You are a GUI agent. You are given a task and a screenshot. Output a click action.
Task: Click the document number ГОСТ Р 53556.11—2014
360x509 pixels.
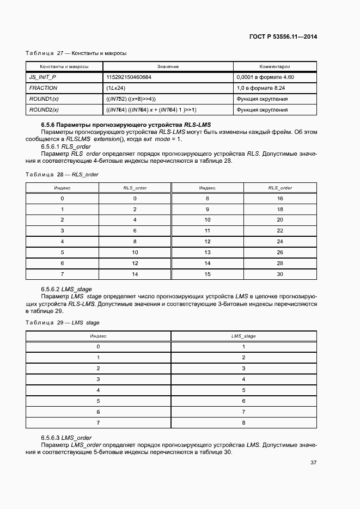[x=283, y=37]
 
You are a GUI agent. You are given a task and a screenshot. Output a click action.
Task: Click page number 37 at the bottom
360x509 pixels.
[x=313, y=463]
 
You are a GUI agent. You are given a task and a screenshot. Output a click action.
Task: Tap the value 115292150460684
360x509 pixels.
[x=129, y=77]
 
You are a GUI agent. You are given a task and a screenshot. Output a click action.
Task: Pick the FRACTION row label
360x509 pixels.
[x=43, y=88]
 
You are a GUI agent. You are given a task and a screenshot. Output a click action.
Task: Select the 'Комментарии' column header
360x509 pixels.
[x=274, y=66]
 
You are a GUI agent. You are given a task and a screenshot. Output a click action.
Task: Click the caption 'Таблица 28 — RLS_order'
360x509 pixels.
[x=62, y=175]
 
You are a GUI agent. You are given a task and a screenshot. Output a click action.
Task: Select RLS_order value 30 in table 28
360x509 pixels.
[x=280, y=274]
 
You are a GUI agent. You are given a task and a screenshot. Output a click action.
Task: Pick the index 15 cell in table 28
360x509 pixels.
[x=207, y=274]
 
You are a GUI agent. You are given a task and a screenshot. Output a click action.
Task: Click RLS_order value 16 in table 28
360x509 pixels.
[x=280, y=199]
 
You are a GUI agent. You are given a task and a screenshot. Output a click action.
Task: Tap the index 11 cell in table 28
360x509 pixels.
[x=207, y=231]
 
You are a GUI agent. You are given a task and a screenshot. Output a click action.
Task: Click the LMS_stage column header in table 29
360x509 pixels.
[x=243, y=336]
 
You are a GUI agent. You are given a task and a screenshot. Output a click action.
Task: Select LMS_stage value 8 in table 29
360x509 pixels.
[x=243, y=422]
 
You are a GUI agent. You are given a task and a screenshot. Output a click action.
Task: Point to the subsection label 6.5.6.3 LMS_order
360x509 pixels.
[x=66, y=438]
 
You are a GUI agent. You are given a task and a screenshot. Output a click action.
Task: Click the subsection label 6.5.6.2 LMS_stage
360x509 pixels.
[x=66, y=289]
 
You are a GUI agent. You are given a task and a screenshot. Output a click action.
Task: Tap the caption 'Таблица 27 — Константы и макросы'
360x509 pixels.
[x=76, y=53]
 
